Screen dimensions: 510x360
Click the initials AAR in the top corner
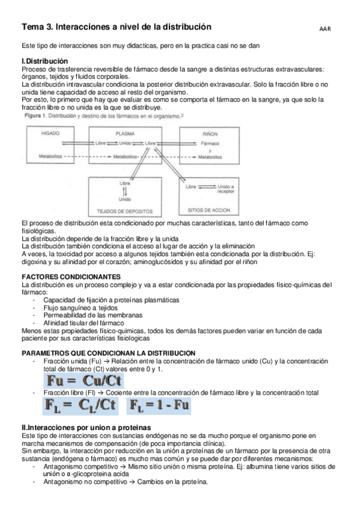point(325,28)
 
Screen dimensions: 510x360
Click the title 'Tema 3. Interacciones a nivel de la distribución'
point(117,27)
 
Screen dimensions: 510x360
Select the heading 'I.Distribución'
point(44,61)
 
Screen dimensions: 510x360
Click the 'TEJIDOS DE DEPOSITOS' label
point(125,210)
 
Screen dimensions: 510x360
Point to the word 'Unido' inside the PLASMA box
point(125,143)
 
